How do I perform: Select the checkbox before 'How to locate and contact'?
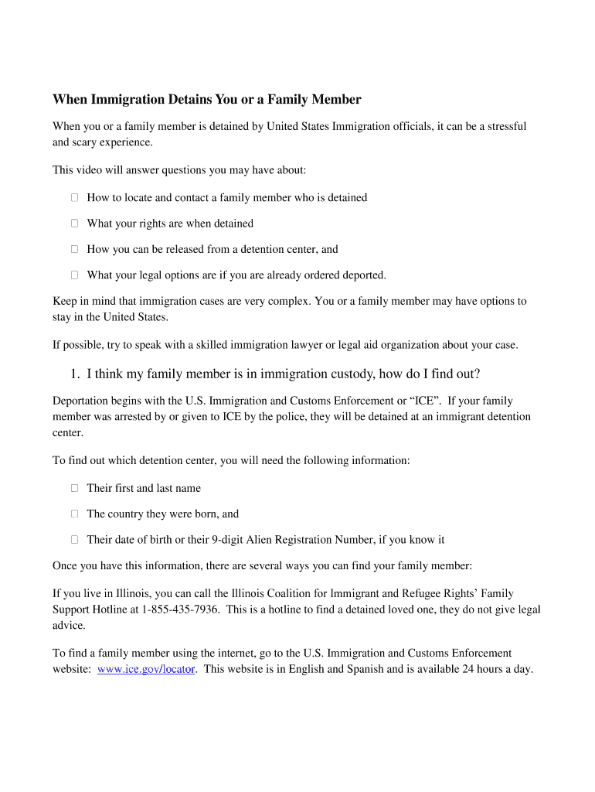tap(75, 197)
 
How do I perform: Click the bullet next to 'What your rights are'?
tap(75, 224)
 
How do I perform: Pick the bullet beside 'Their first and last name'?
tap(75, 488)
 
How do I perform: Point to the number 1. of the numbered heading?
tap(75, 374)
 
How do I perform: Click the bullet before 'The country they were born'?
tap(75, 514)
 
